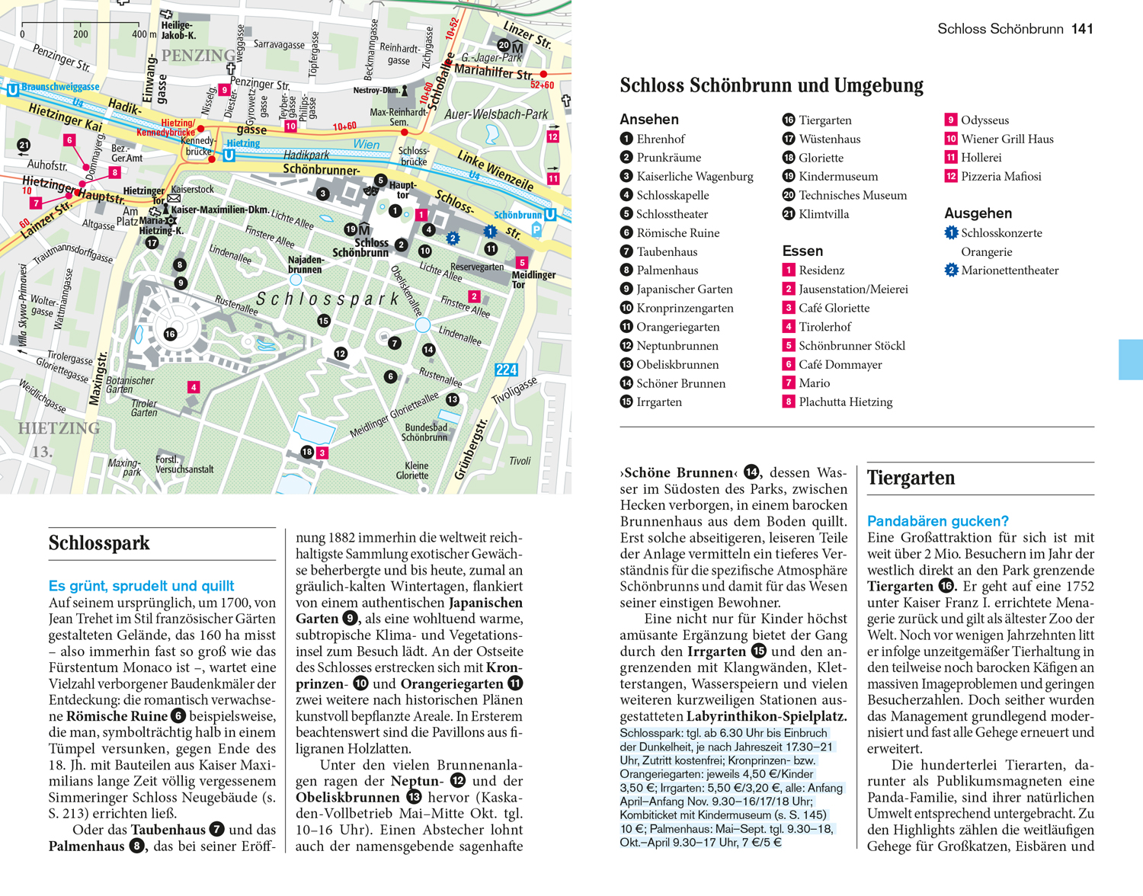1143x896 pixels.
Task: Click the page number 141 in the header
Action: (x=1082, y=29)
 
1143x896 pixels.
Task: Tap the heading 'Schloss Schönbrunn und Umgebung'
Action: (x=771, y=85)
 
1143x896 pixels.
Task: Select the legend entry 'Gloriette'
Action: (x=821, y=158)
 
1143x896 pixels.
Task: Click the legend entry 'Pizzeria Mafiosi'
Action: (x=1001, y=176)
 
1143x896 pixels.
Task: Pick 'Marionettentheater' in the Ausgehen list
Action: (x=1010, y=270)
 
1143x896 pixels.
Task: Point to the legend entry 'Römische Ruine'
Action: (x=677, y=232)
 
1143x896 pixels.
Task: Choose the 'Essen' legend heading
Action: (x=802, y=251)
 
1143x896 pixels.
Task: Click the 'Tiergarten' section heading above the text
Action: (x=911, y=478)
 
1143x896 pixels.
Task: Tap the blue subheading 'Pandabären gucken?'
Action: (x=937, y=521)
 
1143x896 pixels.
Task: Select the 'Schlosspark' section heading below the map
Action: (x=99, y=543)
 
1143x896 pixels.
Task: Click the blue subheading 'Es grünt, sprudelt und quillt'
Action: (x=141, y=586)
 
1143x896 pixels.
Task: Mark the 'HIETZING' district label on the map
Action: (x=59, y=428)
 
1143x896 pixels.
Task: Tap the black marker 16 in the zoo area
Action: (x=170, y=334)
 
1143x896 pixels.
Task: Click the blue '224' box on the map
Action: (x=506, y=370)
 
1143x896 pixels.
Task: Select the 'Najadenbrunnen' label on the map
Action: (x=305, y=264)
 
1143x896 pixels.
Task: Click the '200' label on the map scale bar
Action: (x=81, y=34)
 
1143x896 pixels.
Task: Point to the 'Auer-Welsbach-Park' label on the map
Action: (x=496, y=114)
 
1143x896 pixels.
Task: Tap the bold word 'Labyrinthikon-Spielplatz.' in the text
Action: (x=767, y=716)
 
